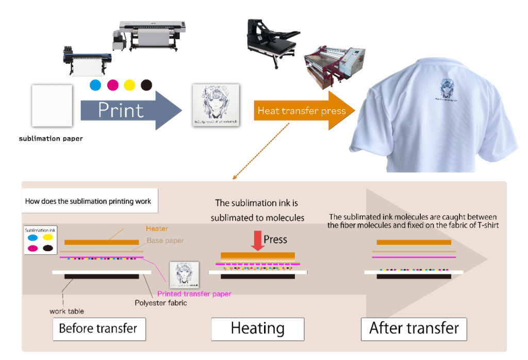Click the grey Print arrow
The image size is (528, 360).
pos(129,110)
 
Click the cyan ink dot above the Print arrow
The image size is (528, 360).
pos(95,85)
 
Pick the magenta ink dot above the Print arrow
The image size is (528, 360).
pos(112,85)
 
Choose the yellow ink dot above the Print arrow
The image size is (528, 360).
pos(129,85)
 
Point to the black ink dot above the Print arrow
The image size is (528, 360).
pos(147,85)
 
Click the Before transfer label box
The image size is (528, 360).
pos(98,329)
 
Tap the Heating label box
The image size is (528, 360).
pos(257,329)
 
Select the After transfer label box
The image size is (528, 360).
pos(414,329)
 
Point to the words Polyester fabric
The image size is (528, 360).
pos(161,303)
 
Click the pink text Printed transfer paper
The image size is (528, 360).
pos(194,293)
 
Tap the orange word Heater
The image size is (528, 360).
pos(157,228)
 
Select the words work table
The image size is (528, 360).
pos(67,311)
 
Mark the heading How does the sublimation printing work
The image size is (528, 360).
pos(88,201)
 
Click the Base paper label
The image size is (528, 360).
pos(165,240)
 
